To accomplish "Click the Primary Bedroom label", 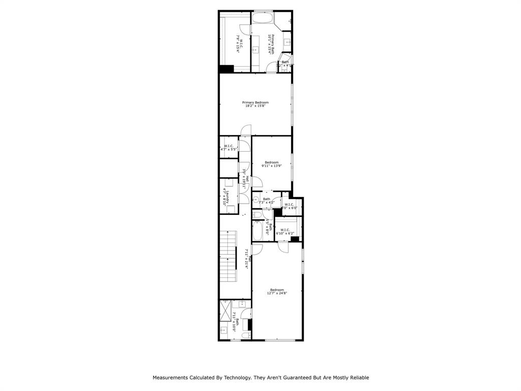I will tap(255, 104).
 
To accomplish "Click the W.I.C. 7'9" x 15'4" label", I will tap(240, 44).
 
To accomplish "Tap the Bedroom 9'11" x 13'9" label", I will tap(272, 164).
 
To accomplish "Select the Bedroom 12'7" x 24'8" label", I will tap(277, 291).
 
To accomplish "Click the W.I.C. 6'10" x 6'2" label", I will tap(284, 231).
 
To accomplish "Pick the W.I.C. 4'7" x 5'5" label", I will tap(228, 148).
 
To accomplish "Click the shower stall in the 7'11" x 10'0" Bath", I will tap(225, 311).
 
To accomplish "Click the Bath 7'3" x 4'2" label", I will tap(266, 201).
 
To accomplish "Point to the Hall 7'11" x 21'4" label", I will tap(247, 259).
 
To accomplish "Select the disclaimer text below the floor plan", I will tap(260, 378).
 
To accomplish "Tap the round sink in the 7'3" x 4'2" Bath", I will tap(256, 199).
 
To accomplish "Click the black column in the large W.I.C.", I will tap(226, 69).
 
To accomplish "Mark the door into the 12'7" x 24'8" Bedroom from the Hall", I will tap(256, 249).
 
